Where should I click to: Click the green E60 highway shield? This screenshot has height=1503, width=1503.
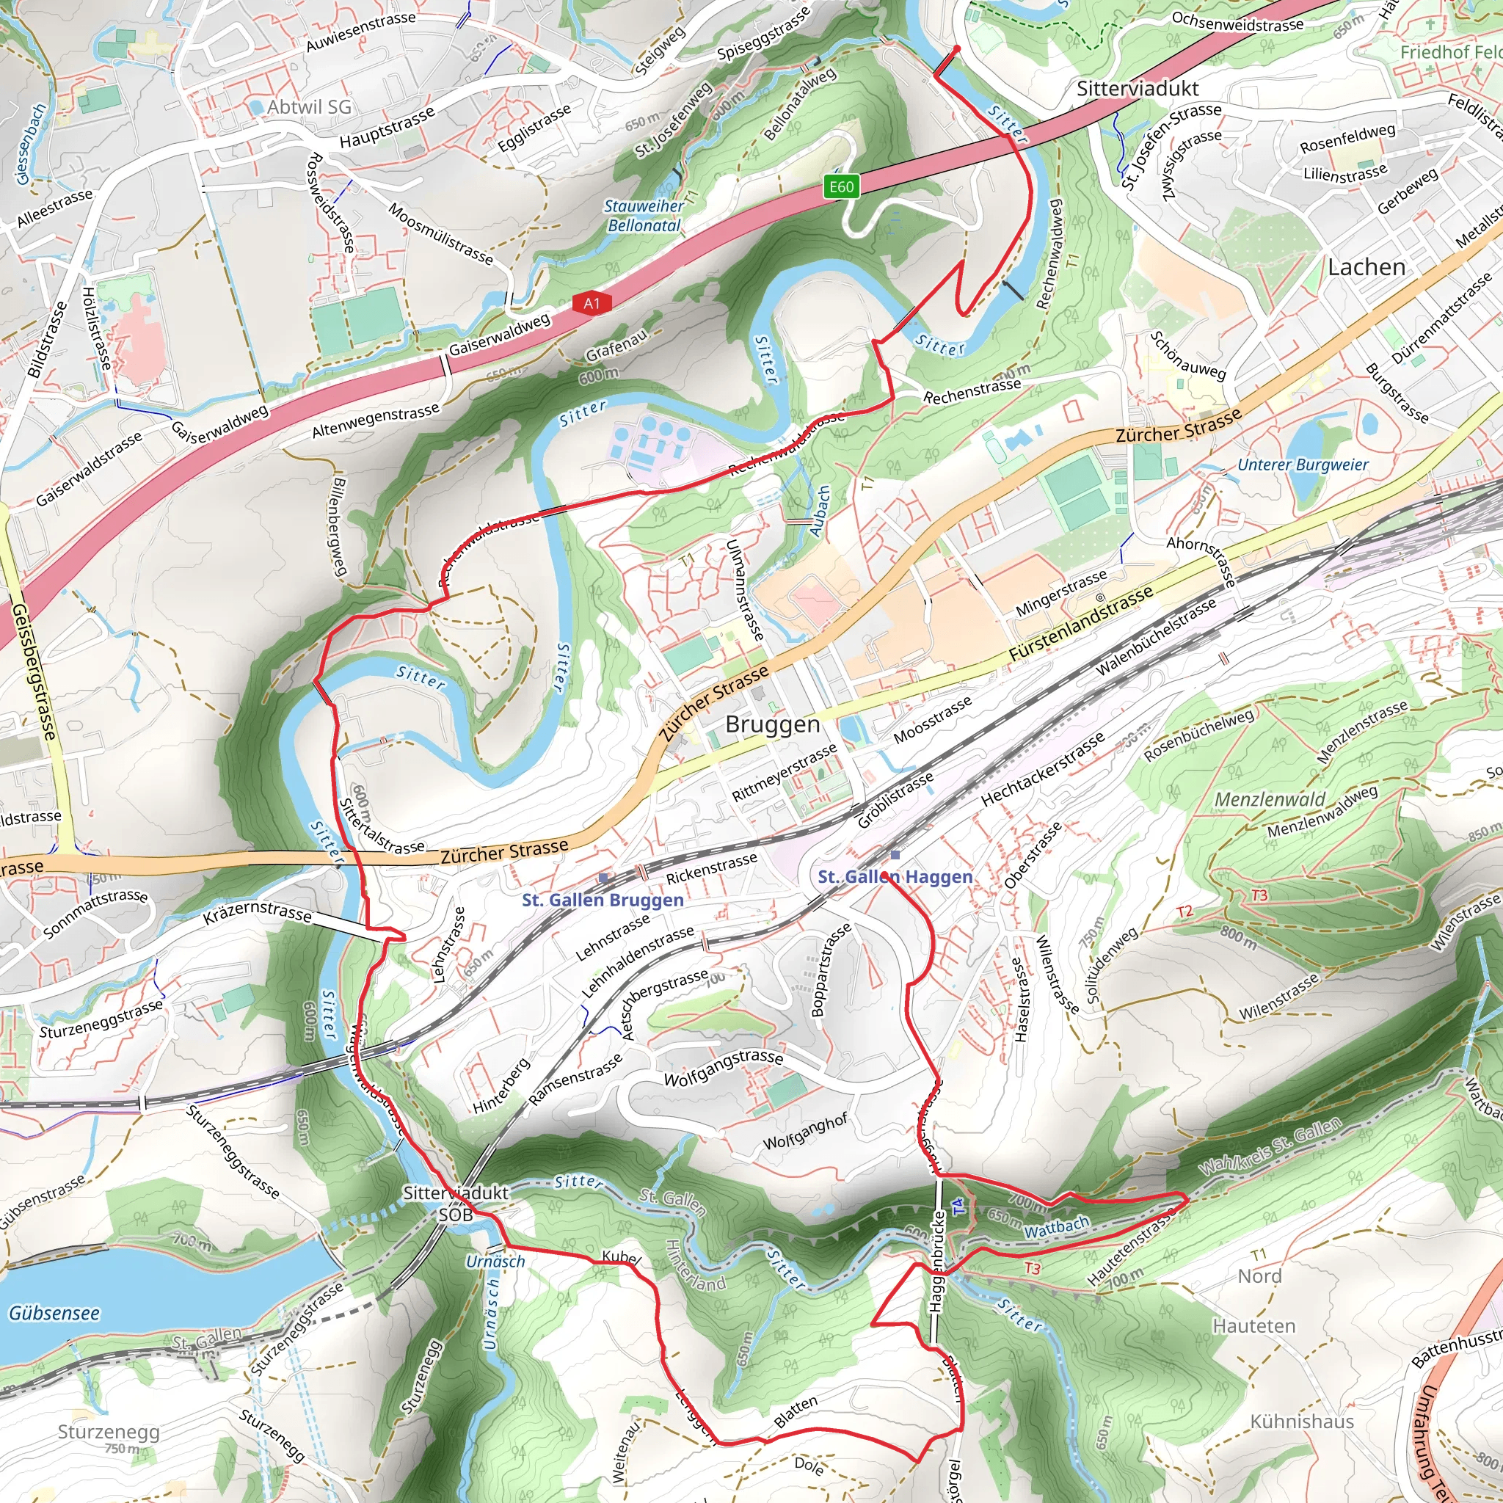coord(841,186)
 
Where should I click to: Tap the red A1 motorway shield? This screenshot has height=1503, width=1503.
coord(592,302)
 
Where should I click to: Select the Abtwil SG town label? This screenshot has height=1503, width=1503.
coord(309,106)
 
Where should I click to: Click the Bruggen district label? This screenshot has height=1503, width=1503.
coord(772,724)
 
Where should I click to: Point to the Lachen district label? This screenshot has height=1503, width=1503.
coord(1366,267)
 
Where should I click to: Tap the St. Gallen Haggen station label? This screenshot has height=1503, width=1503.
coord(895,877)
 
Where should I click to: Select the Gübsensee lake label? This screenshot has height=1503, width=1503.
coord(54,1313)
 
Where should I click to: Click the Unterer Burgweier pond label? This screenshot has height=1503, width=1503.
coord(1303,465)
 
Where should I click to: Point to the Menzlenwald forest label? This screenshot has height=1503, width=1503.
coord(1270,800)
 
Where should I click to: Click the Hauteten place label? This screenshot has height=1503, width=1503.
coord(1254,1325)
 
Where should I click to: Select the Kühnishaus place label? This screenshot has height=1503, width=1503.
coord(1301,1422)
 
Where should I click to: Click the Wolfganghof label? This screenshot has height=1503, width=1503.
coord(804,1131)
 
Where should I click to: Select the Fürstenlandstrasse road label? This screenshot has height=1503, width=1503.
coord(1080,625)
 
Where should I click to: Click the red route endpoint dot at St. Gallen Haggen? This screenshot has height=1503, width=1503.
coord(885,877)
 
